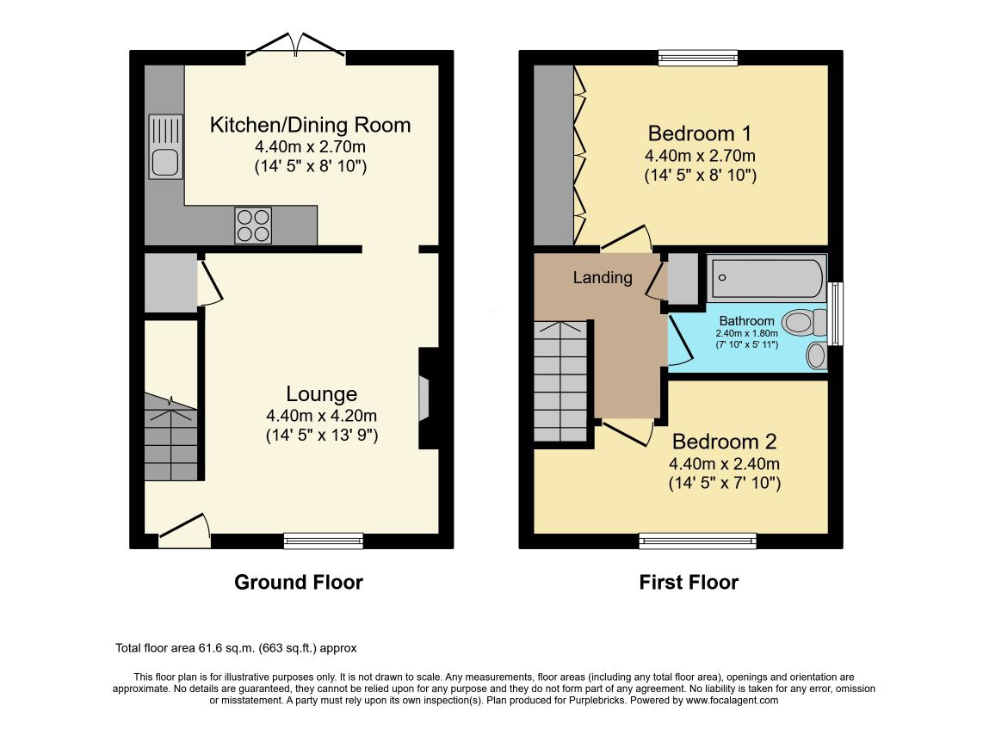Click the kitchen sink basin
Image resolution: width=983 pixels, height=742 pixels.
(165, 163)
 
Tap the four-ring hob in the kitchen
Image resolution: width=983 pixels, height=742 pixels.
(253, 225)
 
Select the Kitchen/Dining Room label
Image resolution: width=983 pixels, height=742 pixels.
(311, 125)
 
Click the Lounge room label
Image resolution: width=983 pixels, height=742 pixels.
(322, 393)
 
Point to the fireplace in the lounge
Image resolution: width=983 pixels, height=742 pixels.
(428, 399)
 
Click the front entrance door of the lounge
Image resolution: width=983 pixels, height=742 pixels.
(184, 529)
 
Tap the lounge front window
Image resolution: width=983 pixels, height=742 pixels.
(324, 541)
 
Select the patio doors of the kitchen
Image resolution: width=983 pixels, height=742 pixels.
(296, 47)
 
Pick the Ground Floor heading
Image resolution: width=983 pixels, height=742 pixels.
(299, 582)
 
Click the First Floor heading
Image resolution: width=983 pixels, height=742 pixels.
(689, 582)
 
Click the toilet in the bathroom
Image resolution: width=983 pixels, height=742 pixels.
(805, 324)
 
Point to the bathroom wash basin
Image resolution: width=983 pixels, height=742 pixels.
(817, 356)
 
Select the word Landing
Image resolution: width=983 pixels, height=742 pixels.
(603, 278)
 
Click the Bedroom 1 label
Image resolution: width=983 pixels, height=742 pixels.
(700, 133)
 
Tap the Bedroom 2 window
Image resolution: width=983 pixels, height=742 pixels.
(698, 541)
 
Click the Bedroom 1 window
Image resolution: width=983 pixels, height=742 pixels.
(698, 58)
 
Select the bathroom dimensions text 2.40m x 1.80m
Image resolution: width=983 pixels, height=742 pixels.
(746, 333)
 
